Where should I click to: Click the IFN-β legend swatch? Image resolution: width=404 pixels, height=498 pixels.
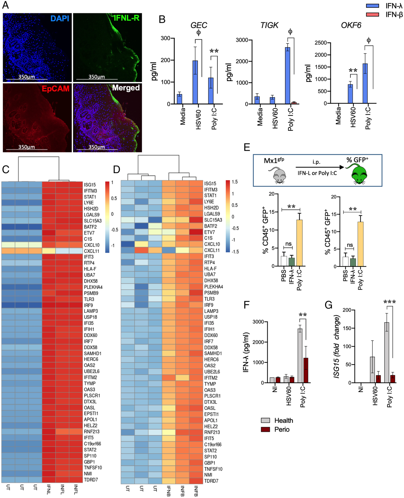pyautogui.click(x=372, y=14)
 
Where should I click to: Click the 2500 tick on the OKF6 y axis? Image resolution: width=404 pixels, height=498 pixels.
pyautogui.click(x=321, y=43)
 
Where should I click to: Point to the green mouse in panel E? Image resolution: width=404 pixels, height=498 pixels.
pyautogui.click(x=360, y=174)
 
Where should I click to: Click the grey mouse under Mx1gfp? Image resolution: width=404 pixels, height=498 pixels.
pyautogui.click(x=279, y=175)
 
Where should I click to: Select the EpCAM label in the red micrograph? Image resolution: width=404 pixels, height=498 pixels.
pyautogui.click(x=55, y=89)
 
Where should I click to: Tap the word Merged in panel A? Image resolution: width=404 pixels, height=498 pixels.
pyautogui.click(x=126, y=88)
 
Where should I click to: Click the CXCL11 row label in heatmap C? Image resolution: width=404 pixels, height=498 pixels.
pyautogui.click(x=92, y=251)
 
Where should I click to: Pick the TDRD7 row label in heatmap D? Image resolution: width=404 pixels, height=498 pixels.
pyautogui.click(x=211, y=481)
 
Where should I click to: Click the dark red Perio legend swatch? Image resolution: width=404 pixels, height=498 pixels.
pyautogui.click(x=265, y=429)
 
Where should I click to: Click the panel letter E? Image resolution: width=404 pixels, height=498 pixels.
pyautogui.click(x=247, y=147)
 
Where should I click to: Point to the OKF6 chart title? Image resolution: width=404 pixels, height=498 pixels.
pyautogui.click(x=351, y=25)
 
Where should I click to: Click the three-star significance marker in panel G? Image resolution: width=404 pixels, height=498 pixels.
pyautogui.click(x=389, y=302)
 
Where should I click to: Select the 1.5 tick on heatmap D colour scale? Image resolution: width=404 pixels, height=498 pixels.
pyautogui.click(x=235, y=182)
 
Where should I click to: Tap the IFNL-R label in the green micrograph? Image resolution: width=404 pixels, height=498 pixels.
pyautogui.click(x=127, y=18)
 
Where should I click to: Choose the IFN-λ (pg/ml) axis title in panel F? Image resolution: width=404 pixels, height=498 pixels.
pyautogui.click(x=246, y=352)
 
